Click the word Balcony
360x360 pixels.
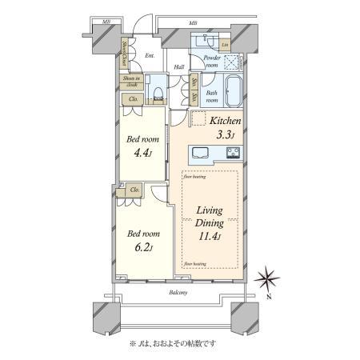[179, 293]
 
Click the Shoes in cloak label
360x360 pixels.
[131, 80]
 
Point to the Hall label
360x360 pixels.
[179, 66]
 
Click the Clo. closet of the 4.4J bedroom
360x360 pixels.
[134, 99]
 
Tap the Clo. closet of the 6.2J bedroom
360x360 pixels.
[134, 190]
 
